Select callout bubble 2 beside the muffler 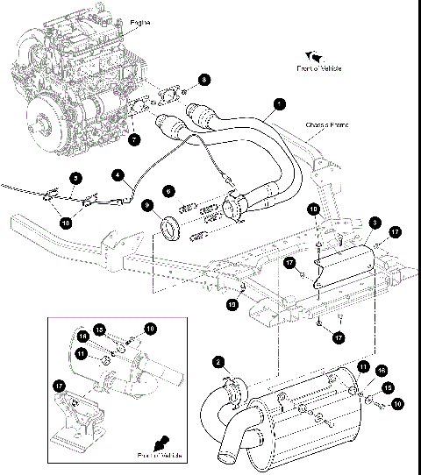tap(218, 360)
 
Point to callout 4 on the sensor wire tap(117, 174)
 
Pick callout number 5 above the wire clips tap(75, 179)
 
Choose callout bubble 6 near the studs tap(169, 190)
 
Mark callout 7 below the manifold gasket tap(134, 138)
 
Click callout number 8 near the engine tap(203, 80)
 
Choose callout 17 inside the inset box tap(60, 383)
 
